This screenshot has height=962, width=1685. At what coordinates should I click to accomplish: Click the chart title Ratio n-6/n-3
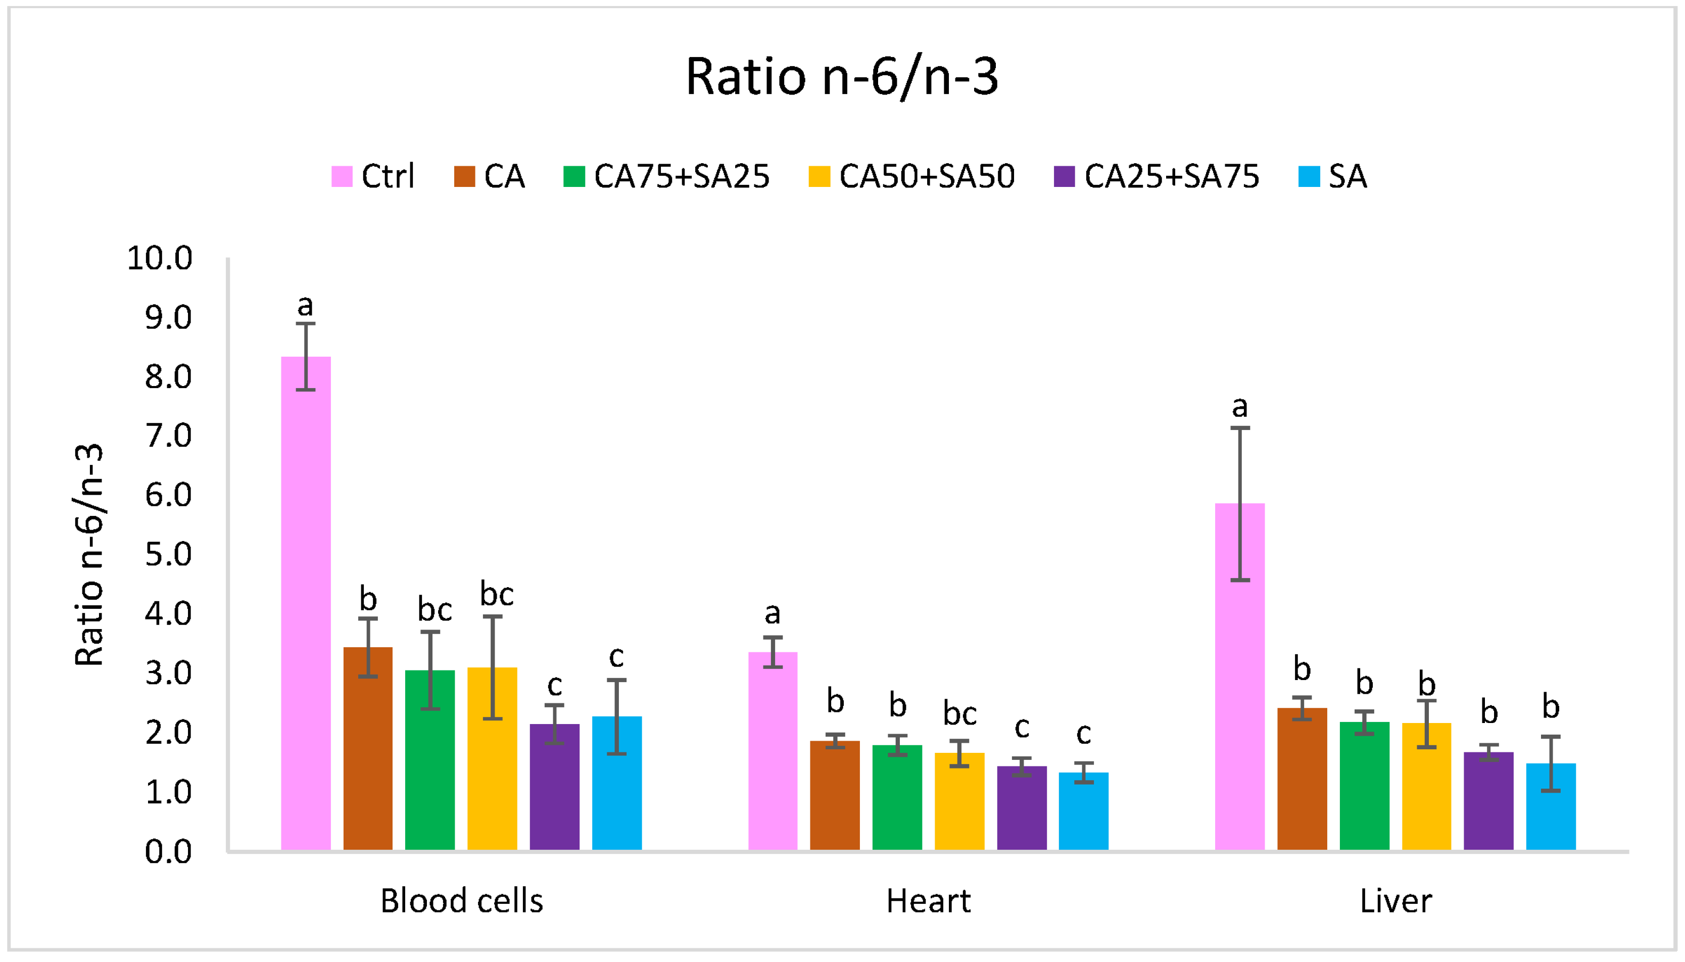click(842, 77)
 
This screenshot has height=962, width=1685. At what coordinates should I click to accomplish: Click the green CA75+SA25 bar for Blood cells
click(430, 759)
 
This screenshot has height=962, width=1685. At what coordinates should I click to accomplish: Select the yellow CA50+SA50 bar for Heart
click(959, 800)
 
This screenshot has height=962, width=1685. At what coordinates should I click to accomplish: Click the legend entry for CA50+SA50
click(911, 176)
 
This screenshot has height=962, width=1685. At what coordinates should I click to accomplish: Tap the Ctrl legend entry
click(373, 176)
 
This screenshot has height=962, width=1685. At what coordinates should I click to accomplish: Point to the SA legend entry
click(1332, 176)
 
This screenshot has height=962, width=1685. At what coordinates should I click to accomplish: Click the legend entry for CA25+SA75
click(1157, 176)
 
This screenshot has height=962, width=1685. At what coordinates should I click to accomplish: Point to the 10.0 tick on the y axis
click(159, 258)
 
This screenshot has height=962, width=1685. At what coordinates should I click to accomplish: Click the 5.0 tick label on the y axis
click(168, 554)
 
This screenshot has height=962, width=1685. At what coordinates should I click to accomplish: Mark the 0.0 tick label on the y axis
click(168, 852)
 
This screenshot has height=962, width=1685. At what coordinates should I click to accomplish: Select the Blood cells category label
click(461, 900)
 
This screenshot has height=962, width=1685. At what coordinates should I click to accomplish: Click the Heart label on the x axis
click(928, 900)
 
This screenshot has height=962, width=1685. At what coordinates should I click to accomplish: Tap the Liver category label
click(1395, 900)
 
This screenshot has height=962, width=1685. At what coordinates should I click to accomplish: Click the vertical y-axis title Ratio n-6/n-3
click(89, 554)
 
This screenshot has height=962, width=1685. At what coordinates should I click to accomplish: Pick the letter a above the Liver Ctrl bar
click(1240, 406)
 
